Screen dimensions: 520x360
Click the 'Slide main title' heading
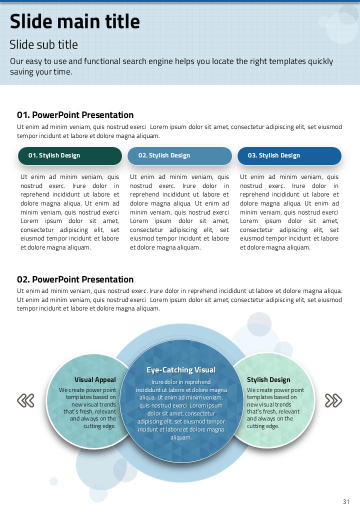click(75, 22)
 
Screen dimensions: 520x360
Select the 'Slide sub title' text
click(43, 45)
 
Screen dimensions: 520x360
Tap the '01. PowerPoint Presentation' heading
click(75, 115)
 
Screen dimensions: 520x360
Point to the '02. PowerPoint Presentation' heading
click(75, 279)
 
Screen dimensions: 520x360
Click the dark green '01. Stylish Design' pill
click(70, 155)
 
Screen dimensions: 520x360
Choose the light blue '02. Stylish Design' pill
click(179, 155)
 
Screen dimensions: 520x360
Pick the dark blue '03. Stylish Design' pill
click(289, 155)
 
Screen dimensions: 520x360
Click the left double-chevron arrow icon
click(25, 400)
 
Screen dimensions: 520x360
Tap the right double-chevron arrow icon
click(333, 400)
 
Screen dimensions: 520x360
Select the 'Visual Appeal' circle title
click(95, 380)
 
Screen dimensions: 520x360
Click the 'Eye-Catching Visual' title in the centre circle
click(181, 370)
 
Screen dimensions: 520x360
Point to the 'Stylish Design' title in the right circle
click(268, 380)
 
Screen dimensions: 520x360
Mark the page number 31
click(346, 502)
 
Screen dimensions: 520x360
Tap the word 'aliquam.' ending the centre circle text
click(181, 437)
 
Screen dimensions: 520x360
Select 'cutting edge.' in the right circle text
click(263, 426)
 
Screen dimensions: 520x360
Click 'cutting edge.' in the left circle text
click(99, 426)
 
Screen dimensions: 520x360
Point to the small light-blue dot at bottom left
click(53, 481)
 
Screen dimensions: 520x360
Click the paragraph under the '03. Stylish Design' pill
click(289, 212)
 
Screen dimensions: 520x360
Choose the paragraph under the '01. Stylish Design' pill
click(70, 212)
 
